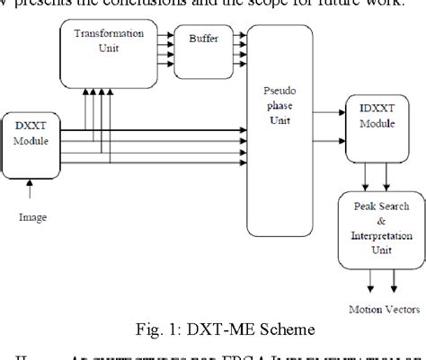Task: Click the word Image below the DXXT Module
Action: pos(33,216)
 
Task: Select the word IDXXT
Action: pos(369,109)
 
